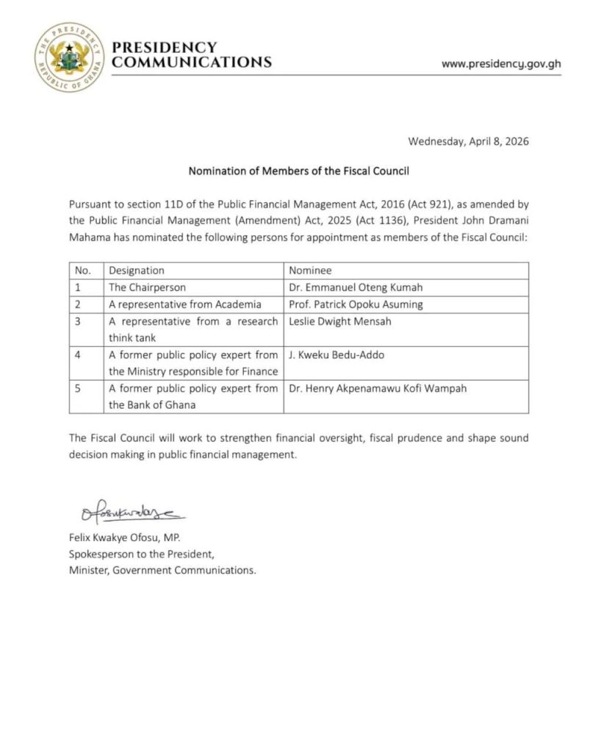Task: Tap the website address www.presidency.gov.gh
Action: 501,63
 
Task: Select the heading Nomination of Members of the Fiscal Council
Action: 298,171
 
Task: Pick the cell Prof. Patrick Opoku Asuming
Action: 352,304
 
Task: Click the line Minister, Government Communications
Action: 162,570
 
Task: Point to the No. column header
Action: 83,271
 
